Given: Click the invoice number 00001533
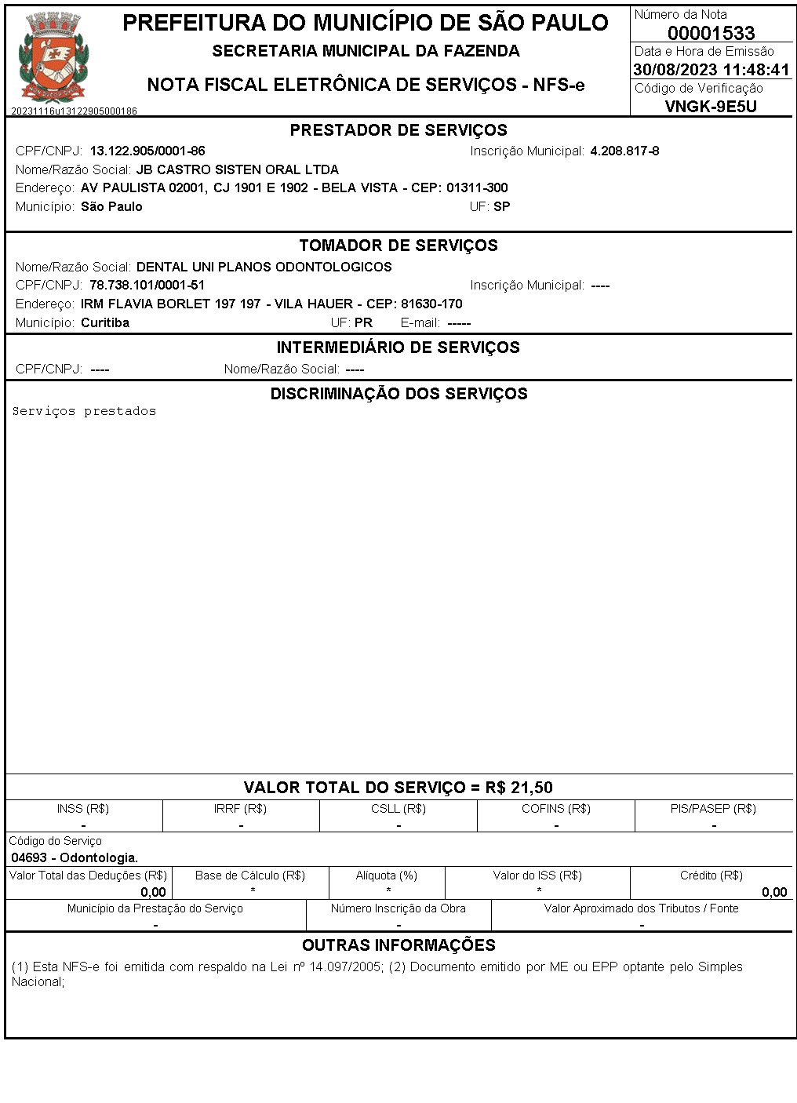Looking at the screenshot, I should click(x=711, y=33).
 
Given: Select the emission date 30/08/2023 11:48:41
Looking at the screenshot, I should click(x=711, y=70).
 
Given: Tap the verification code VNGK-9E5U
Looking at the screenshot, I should click(x=711, y=107).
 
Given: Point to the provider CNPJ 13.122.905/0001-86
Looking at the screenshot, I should click(x=147, y=151).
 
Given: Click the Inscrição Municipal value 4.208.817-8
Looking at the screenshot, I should click(x=624, y=151).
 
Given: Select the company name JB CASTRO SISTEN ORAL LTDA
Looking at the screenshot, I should click(x=238, y=169).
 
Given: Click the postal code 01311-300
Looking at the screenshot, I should click(x=477, y=188).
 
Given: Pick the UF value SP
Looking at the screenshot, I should click(x=501, y=207).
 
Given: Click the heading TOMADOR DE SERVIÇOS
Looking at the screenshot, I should click(x=398, y=246).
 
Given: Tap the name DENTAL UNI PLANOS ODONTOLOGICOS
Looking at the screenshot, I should click(x=264, y=267).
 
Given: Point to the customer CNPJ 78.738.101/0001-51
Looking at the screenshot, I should click(x=147, y=286).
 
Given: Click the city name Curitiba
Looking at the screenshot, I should click(x=105, y=323).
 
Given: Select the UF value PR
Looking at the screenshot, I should click(x=363, y=323).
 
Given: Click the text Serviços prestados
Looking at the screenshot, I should click(x=84, y=411).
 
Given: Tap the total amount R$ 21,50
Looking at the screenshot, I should click(x=519, y=788).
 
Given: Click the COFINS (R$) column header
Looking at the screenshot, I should click(x=555, y=809).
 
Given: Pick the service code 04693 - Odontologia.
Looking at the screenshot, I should click(x=75, y=858).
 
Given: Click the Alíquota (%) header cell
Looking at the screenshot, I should click(x=387, y=875).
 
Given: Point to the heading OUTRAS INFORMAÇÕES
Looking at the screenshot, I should click(x=398, y=945).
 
